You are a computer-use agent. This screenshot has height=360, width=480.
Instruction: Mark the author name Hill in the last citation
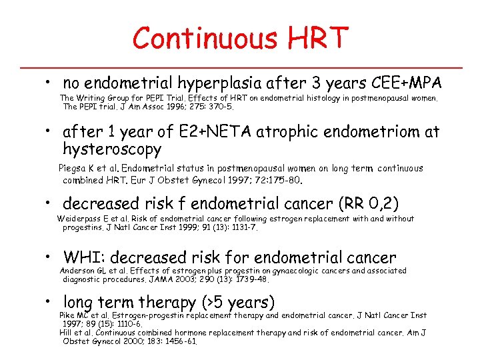(67, 332)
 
